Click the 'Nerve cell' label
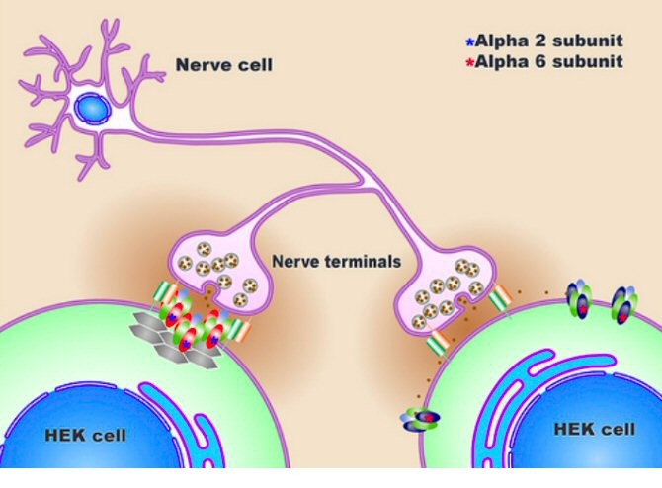pyautogui.click(x=223, y=66)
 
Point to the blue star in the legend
pyautogui.click(x=470, y=41)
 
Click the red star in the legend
pyautogui.click(x=470, y=62)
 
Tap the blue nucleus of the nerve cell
pyautogui.click(x=91, y=105)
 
